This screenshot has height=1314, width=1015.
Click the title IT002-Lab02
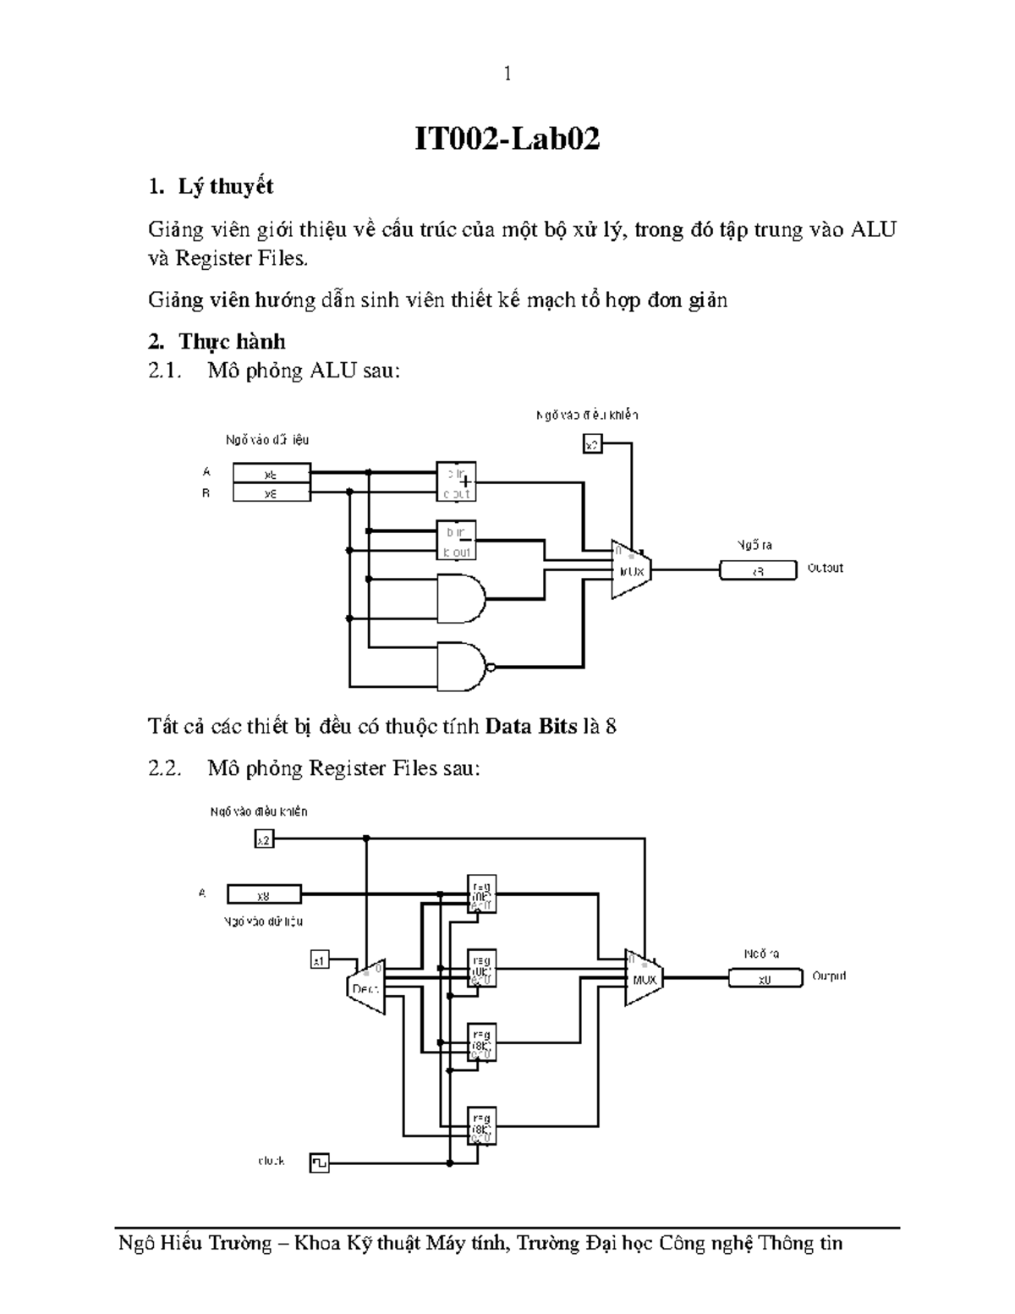[507, 139]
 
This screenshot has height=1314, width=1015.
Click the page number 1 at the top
[507, 74]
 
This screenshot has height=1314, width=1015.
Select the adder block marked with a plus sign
[456, 481]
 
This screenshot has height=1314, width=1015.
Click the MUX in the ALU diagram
[631, 569]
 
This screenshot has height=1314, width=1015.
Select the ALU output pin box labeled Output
[758, 570]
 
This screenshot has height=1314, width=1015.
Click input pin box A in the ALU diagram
[272, 472]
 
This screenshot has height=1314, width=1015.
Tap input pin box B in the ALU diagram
[272, 492]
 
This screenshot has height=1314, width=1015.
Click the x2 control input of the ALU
[593, 443]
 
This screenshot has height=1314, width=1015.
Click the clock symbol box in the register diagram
[320, 1163]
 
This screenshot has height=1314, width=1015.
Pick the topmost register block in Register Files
[482, 894]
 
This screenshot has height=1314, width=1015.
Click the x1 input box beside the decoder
[319, 960]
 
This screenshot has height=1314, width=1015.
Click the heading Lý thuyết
[225, 186]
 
